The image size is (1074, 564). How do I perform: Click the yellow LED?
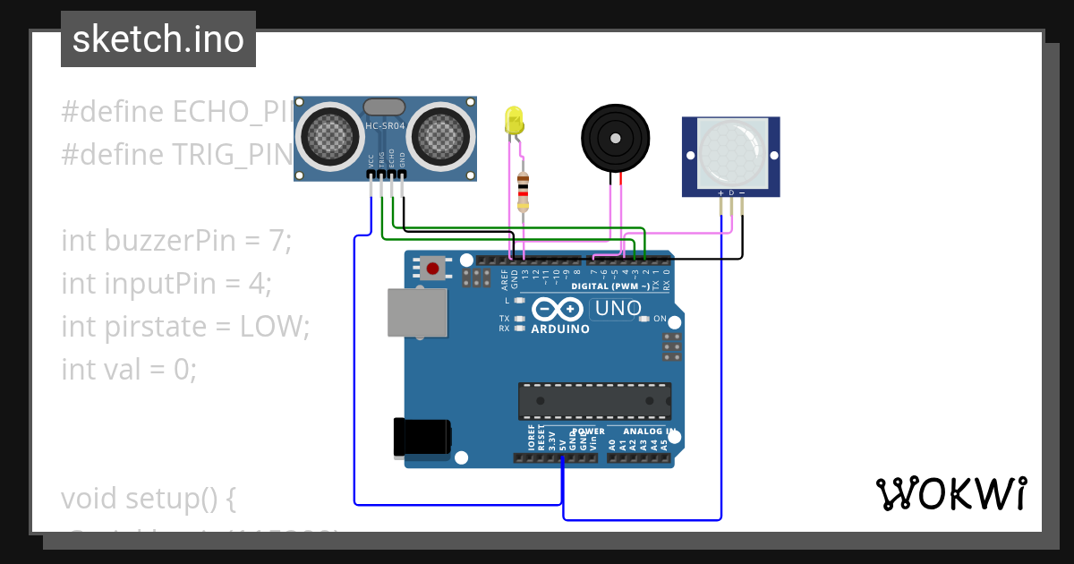(x=514, y=121)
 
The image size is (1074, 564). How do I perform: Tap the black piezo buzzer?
(x=614, y=137)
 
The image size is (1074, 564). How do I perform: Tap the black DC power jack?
(x=422, y=439)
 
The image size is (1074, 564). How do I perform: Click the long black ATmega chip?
(x=594, y=401)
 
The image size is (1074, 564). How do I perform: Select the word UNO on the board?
(x=618, y=309)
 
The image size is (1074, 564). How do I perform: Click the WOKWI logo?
(x=950, y=493)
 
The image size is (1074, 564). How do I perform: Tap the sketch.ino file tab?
(x=158, y=39)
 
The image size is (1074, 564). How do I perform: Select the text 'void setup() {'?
(x=149, y=498)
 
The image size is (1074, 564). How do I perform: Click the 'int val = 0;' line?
(x=129, y=368)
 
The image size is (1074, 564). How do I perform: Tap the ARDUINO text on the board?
(x=560, y=329)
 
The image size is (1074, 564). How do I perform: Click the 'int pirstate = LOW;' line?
(x=185, y=326)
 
